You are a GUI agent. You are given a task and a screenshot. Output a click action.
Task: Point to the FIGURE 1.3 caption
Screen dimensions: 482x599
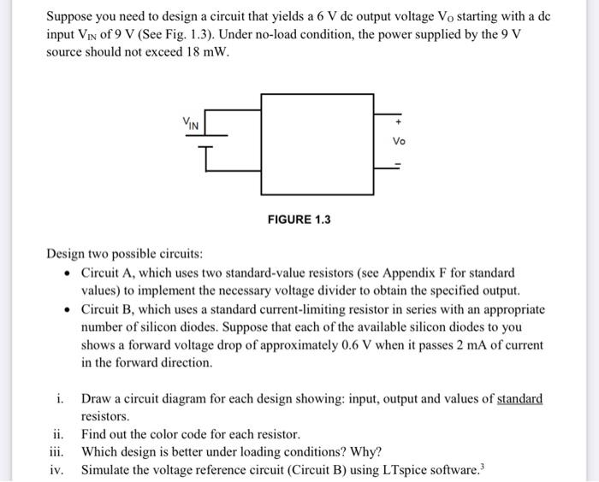(299, 220)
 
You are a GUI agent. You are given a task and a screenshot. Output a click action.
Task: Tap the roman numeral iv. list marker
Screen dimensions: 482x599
(59, 469)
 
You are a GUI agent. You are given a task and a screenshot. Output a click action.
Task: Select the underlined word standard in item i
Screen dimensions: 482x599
(519, 399)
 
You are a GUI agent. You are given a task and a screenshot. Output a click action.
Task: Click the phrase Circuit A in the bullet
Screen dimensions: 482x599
(106, 273)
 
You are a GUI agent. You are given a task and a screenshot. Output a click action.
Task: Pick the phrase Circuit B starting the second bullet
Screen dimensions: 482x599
(106, 309)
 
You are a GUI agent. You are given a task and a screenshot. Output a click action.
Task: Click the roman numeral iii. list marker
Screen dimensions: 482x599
(58, 451)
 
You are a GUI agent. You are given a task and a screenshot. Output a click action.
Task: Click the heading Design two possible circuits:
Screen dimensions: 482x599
(125, 255)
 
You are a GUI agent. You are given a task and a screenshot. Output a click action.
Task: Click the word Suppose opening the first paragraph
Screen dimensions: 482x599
(71, 15)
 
